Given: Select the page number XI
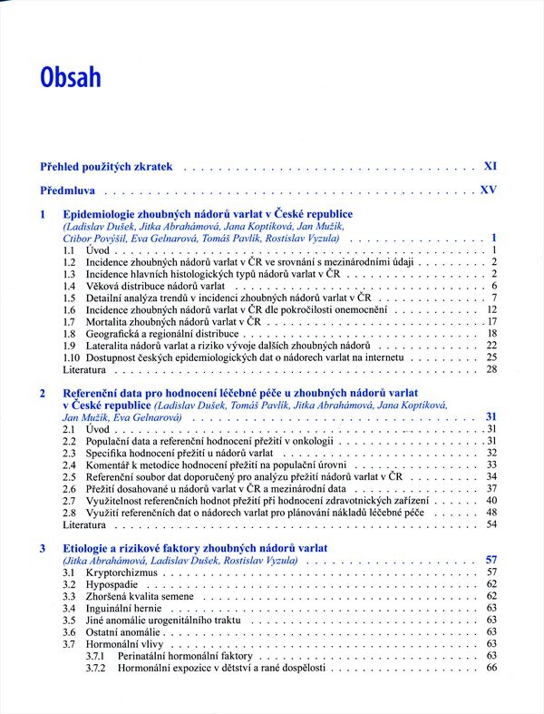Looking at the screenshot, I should click(491, 167).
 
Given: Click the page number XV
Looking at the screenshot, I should click(490, 192).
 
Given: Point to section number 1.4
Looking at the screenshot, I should click(69, 286).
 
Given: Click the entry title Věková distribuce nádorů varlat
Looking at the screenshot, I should click(155, 286).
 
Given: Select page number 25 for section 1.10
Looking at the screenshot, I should click(492, 357).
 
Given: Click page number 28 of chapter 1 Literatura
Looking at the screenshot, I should click(492, 370).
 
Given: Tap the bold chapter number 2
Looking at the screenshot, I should click(43, 393).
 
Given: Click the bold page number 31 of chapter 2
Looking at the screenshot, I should click(492, 417).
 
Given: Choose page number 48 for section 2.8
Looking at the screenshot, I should click(492, 512).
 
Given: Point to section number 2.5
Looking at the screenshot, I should click(69, 476).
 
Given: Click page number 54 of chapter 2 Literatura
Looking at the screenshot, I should click(492, 524).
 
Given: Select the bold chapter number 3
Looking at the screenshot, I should click(43, 549).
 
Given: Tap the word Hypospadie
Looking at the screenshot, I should click(114, 585).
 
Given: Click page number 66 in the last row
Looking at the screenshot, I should click(492, 668).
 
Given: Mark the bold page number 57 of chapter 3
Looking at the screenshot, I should click(492, 561).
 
